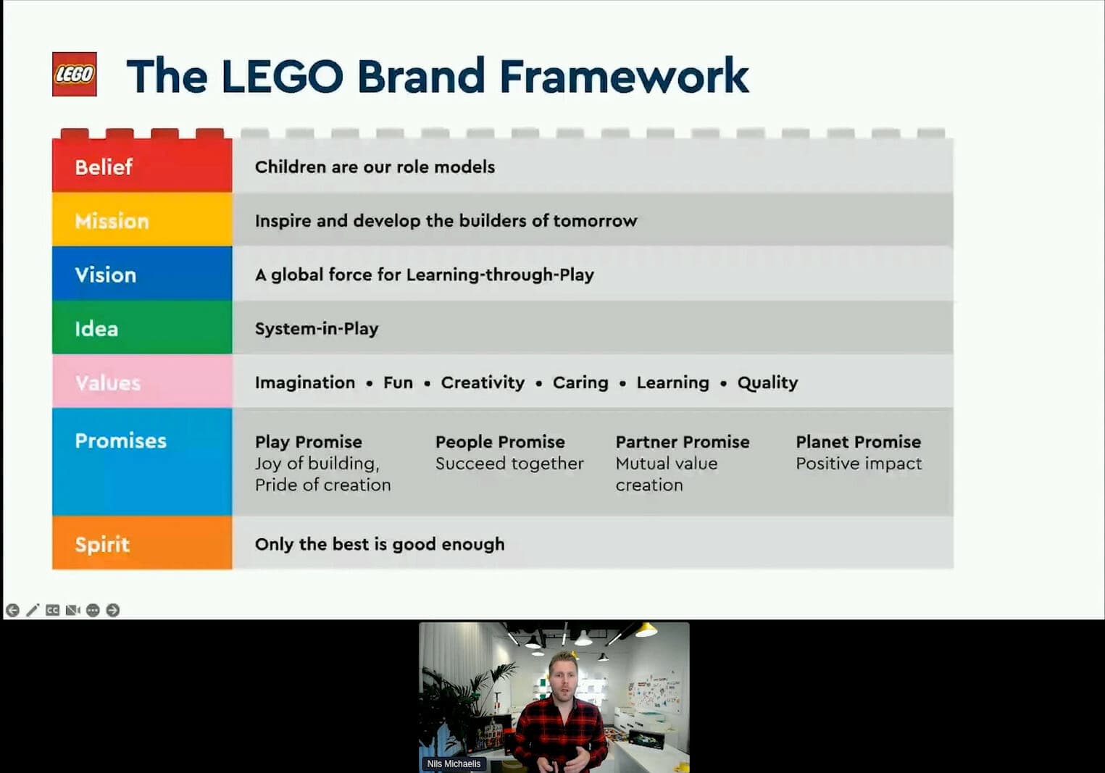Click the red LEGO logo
[x=75, y=74]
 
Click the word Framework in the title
[x=624, y=75]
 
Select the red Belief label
[x=104, y=167]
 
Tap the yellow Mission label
[x=112, y=221]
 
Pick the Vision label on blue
[x=106, y=275]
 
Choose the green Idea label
[x=96, y=328]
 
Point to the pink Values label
[x=108, y=383]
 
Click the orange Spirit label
[x=102, y=545]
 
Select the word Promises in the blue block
[x=121, y=440]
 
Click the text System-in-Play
[x=317, y=328]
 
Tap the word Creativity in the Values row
[x=483, y=383]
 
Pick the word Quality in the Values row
[x=767, y=383]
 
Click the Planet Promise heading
[x=859, y=441]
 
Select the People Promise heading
[x=500, y=442]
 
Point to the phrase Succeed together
[x=509, y=463]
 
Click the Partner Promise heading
[x=683, y=441]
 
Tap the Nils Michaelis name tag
[x=454, y=764]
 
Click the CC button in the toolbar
[x=52, y=610]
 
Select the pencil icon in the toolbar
[x=33, y=610]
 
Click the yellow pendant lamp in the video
[x=645, y=630]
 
